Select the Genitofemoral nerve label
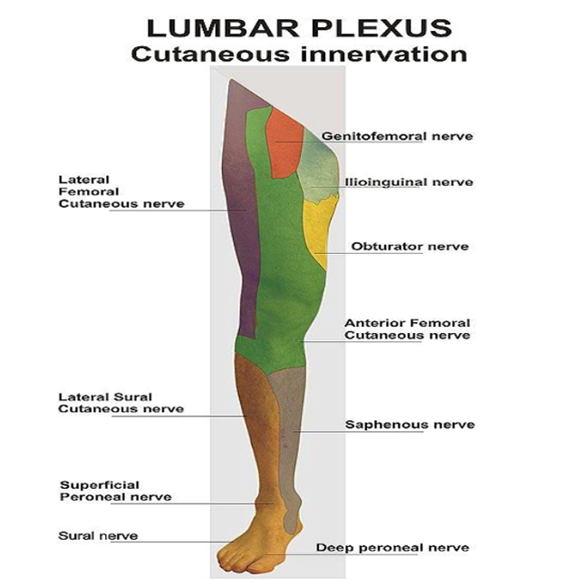398,136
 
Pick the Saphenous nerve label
397,425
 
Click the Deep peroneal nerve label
391,547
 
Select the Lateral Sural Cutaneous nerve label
120,403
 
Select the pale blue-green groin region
320,168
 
